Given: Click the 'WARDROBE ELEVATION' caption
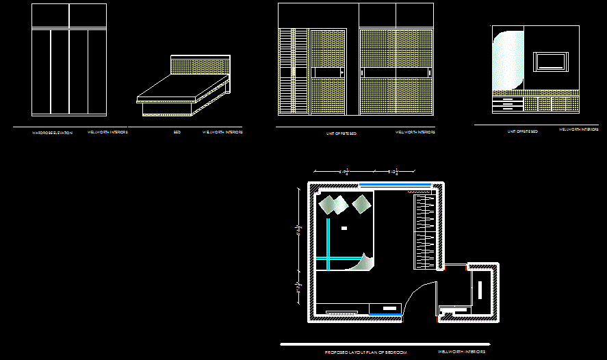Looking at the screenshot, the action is [52, 132].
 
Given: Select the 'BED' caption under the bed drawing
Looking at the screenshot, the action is [177, 132].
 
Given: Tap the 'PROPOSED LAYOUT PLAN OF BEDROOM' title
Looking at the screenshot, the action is [365, 352].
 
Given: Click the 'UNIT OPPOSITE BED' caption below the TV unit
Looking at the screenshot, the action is [522, 131].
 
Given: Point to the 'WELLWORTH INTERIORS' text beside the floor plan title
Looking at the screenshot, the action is [461, 352].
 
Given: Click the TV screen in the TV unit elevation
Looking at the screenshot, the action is [550, 62].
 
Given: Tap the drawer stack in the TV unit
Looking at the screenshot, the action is [507, 105].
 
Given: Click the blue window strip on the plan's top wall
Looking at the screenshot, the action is [395, 184].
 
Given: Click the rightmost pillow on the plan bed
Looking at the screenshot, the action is [361, 203].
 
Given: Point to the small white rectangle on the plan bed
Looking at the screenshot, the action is [344, 227].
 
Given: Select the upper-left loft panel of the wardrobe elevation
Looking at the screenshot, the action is [51, 16].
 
